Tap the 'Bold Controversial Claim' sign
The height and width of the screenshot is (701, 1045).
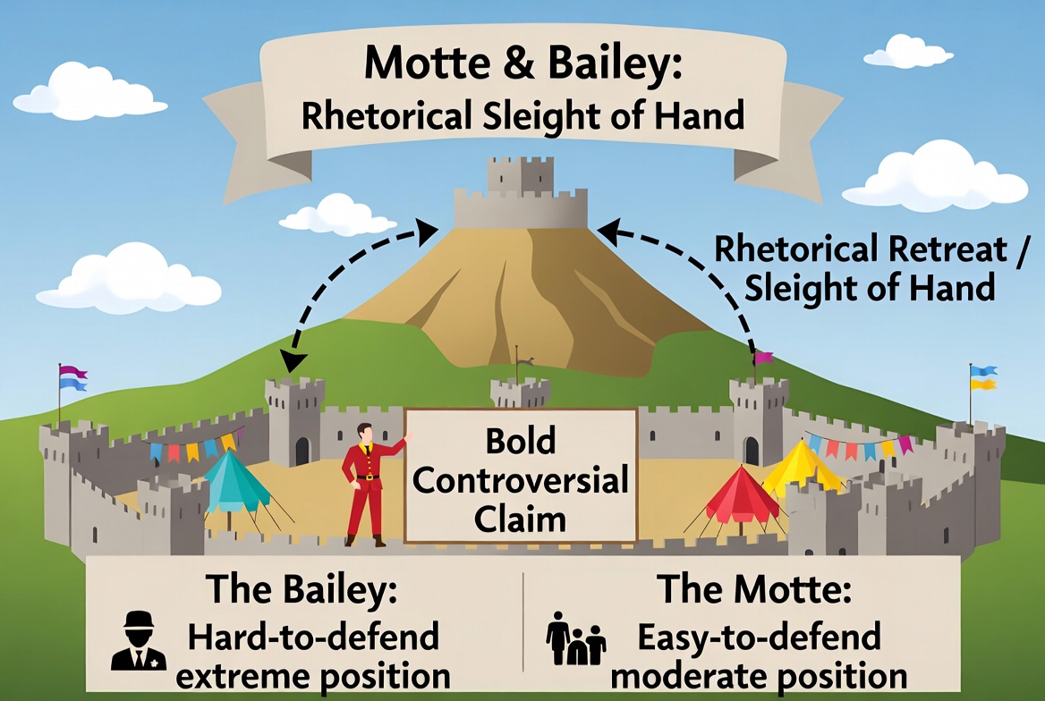[521, 476]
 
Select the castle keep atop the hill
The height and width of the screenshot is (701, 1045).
[520, 194]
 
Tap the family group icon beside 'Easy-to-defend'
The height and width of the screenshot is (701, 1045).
[576, 639]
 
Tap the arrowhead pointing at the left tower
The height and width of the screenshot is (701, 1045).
[292, 360]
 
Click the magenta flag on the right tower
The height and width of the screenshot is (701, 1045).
[763, 359]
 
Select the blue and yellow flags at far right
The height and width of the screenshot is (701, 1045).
[983, 377]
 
